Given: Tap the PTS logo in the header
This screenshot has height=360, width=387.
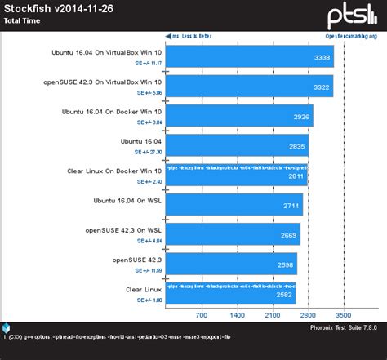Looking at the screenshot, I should click(352, 16).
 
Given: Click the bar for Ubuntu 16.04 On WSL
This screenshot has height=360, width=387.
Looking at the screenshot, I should click(234, 205).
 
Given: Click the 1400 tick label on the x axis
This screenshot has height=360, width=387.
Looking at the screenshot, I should click(237, 314).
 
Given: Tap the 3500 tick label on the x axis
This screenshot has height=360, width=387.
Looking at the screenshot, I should click(344, 314).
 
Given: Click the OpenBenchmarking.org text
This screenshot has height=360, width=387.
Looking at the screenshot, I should click(351, 36).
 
